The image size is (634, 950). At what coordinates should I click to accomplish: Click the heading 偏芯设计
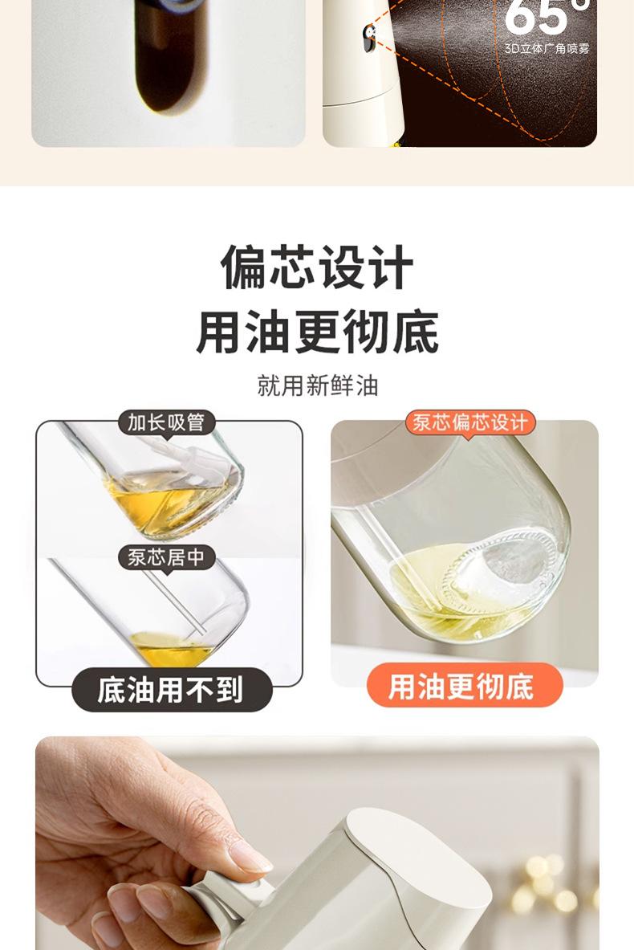click(x=317, y=267)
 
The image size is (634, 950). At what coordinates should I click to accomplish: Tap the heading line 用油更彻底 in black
click(x=317, y=332)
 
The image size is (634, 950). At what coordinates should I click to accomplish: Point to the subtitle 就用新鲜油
click(x=317, y=385)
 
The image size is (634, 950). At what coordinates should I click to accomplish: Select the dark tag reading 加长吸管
click(x=166, y=422)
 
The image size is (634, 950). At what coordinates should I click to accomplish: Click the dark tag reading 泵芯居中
click(x=166, y=557)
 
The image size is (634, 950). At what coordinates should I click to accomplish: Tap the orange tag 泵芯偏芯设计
click(x=470, y=422)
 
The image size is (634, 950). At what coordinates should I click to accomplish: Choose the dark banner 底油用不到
click(x=172, y=690)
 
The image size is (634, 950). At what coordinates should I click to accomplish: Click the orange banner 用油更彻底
click(x=465, y=685)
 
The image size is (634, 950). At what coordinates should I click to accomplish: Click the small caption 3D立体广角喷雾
click(x=547, y=48)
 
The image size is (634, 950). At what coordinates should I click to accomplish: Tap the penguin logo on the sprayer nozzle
click(x=369, y=36)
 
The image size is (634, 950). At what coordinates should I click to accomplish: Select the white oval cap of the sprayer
click(x=419, y=860)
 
